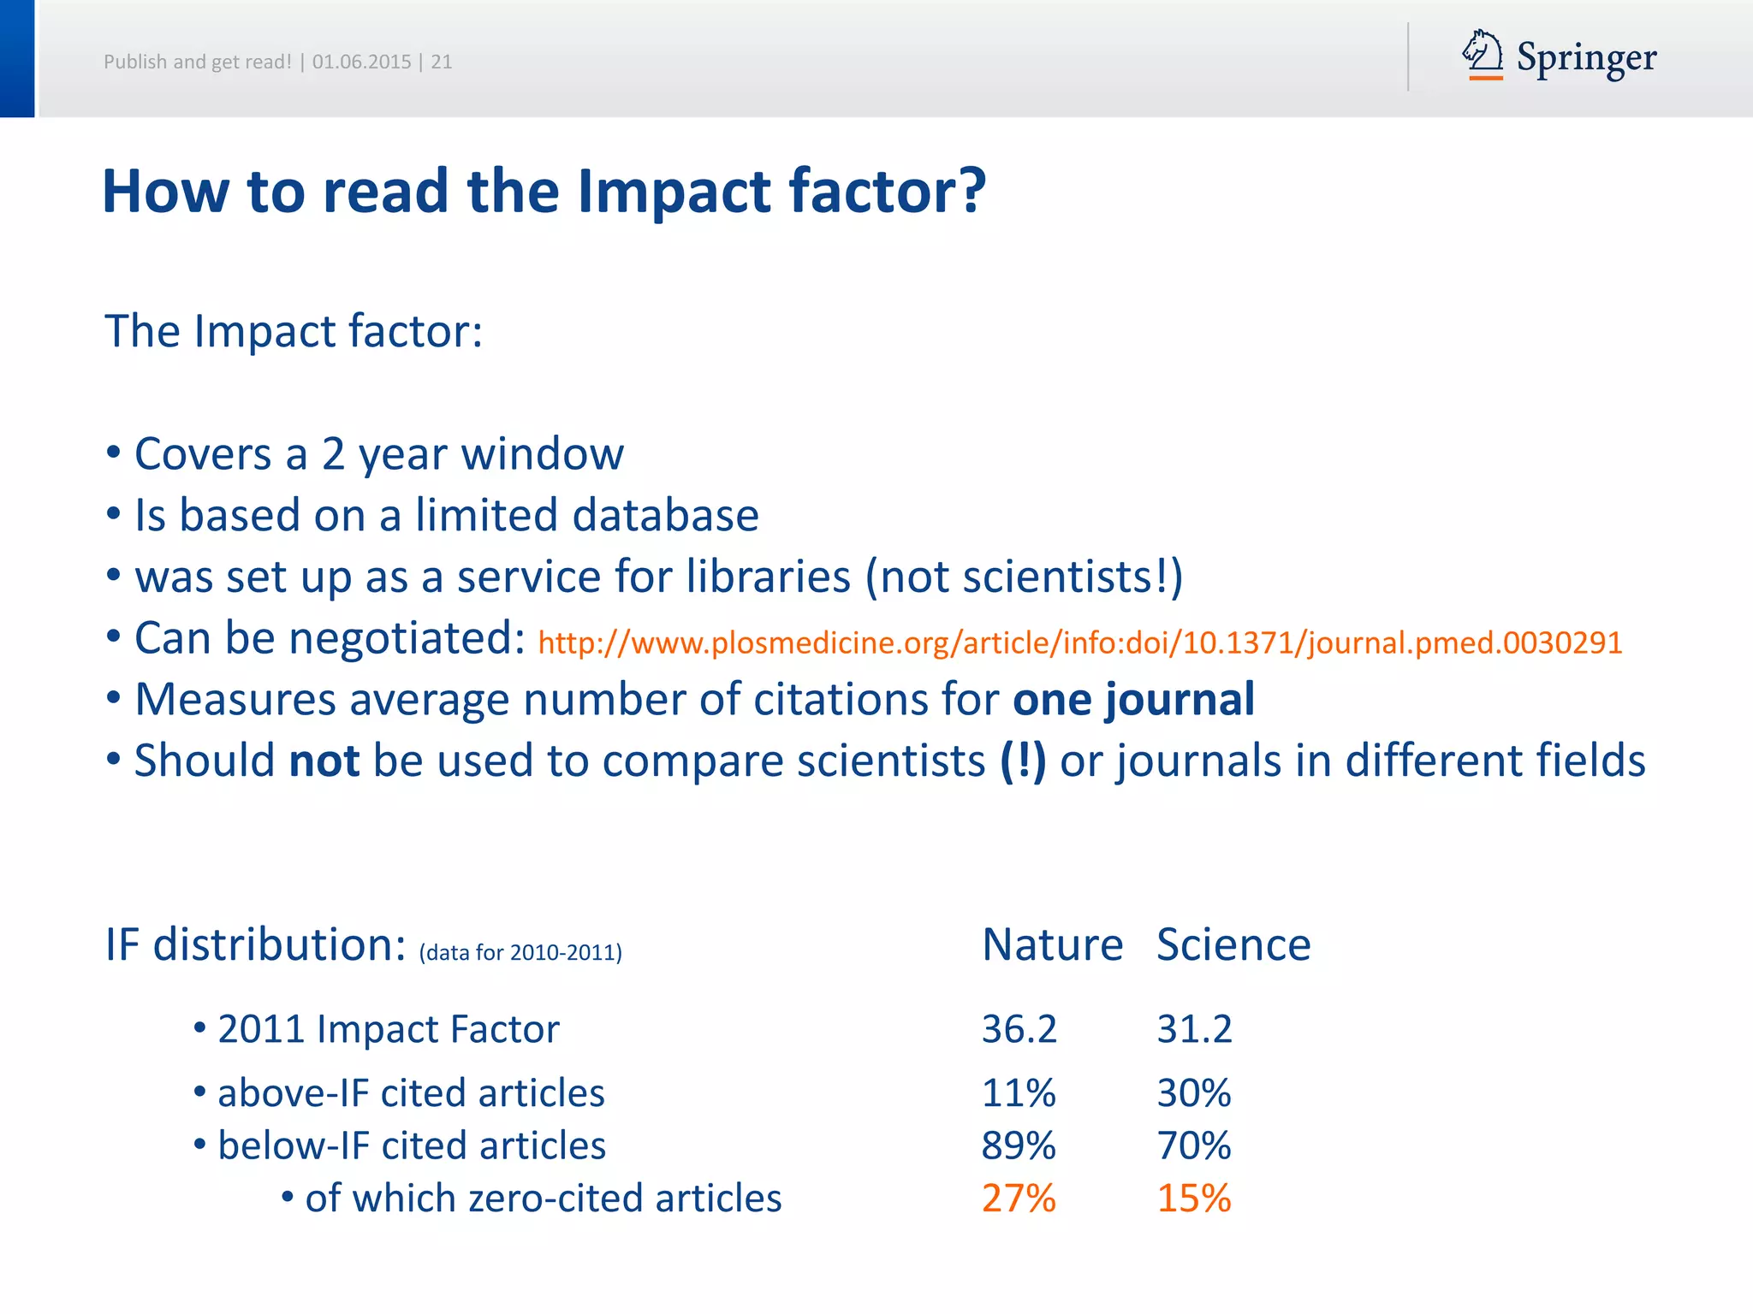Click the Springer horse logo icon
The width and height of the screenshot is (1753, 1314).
[1483, 55]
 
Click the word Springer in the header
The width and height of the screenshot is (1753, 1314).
[1586, 58]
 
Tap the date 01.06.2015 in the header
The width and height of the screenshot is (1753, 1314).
[361, 62]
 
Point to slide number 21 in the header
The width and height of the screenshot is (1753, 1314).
[441, 62]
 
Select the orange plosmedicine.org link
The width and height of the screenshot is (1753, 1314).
[1079, 642]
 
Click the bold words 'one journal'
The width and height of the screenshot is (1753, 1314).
[1133, 700]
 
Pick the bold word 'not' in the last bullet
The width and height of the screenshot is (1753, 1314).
[324, 761]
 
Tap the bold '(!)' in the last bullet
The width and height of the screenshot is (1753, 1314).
[1023, 761]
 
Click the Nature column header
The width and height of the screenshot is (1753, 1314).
[1052, 944]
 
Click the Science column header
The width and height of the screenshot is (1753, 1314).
[1233, 944]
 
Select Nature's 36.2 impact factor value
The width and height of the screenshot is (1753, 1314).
[1019, 1028]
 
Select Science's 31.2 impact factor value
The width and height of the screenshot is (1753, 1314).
[1194, 1028]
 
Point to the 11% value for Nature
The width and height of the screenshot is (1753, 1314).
[1019, 1093]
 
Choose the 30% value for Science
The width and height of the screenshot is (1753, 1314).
[1194, 1093]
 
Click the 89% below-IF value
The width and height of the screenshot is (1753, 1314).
[1019, 1145]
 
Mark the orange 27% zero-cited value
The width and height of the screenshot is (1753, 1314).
[1019, 1199]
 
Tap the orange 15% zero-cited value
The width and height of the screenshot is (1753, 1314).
[1194, 1199]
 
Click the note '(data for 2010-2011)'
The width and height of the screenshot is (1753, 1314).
[520, 952]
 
